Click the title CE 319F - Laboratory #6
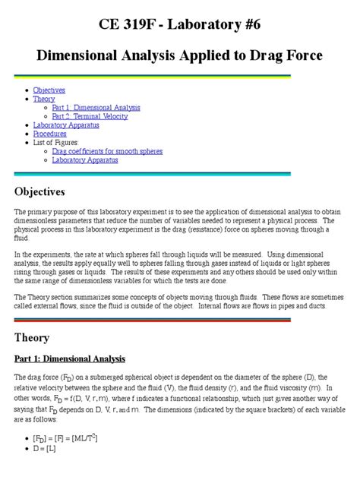click(x=179, y=24)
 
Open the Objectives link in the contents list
click(x=49, y=90)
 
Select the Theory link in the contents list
click(x=43, y=99)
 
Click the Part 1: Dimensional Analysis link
click(x=96, y=108)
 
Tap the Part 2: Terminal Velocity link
click(x=90, y=116)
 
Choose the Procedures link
click(x=49, y=134)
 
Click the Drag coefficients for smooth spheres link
click(x=106, y=151)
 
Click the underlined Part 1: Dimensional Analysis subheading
click(x=69, y=358)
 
